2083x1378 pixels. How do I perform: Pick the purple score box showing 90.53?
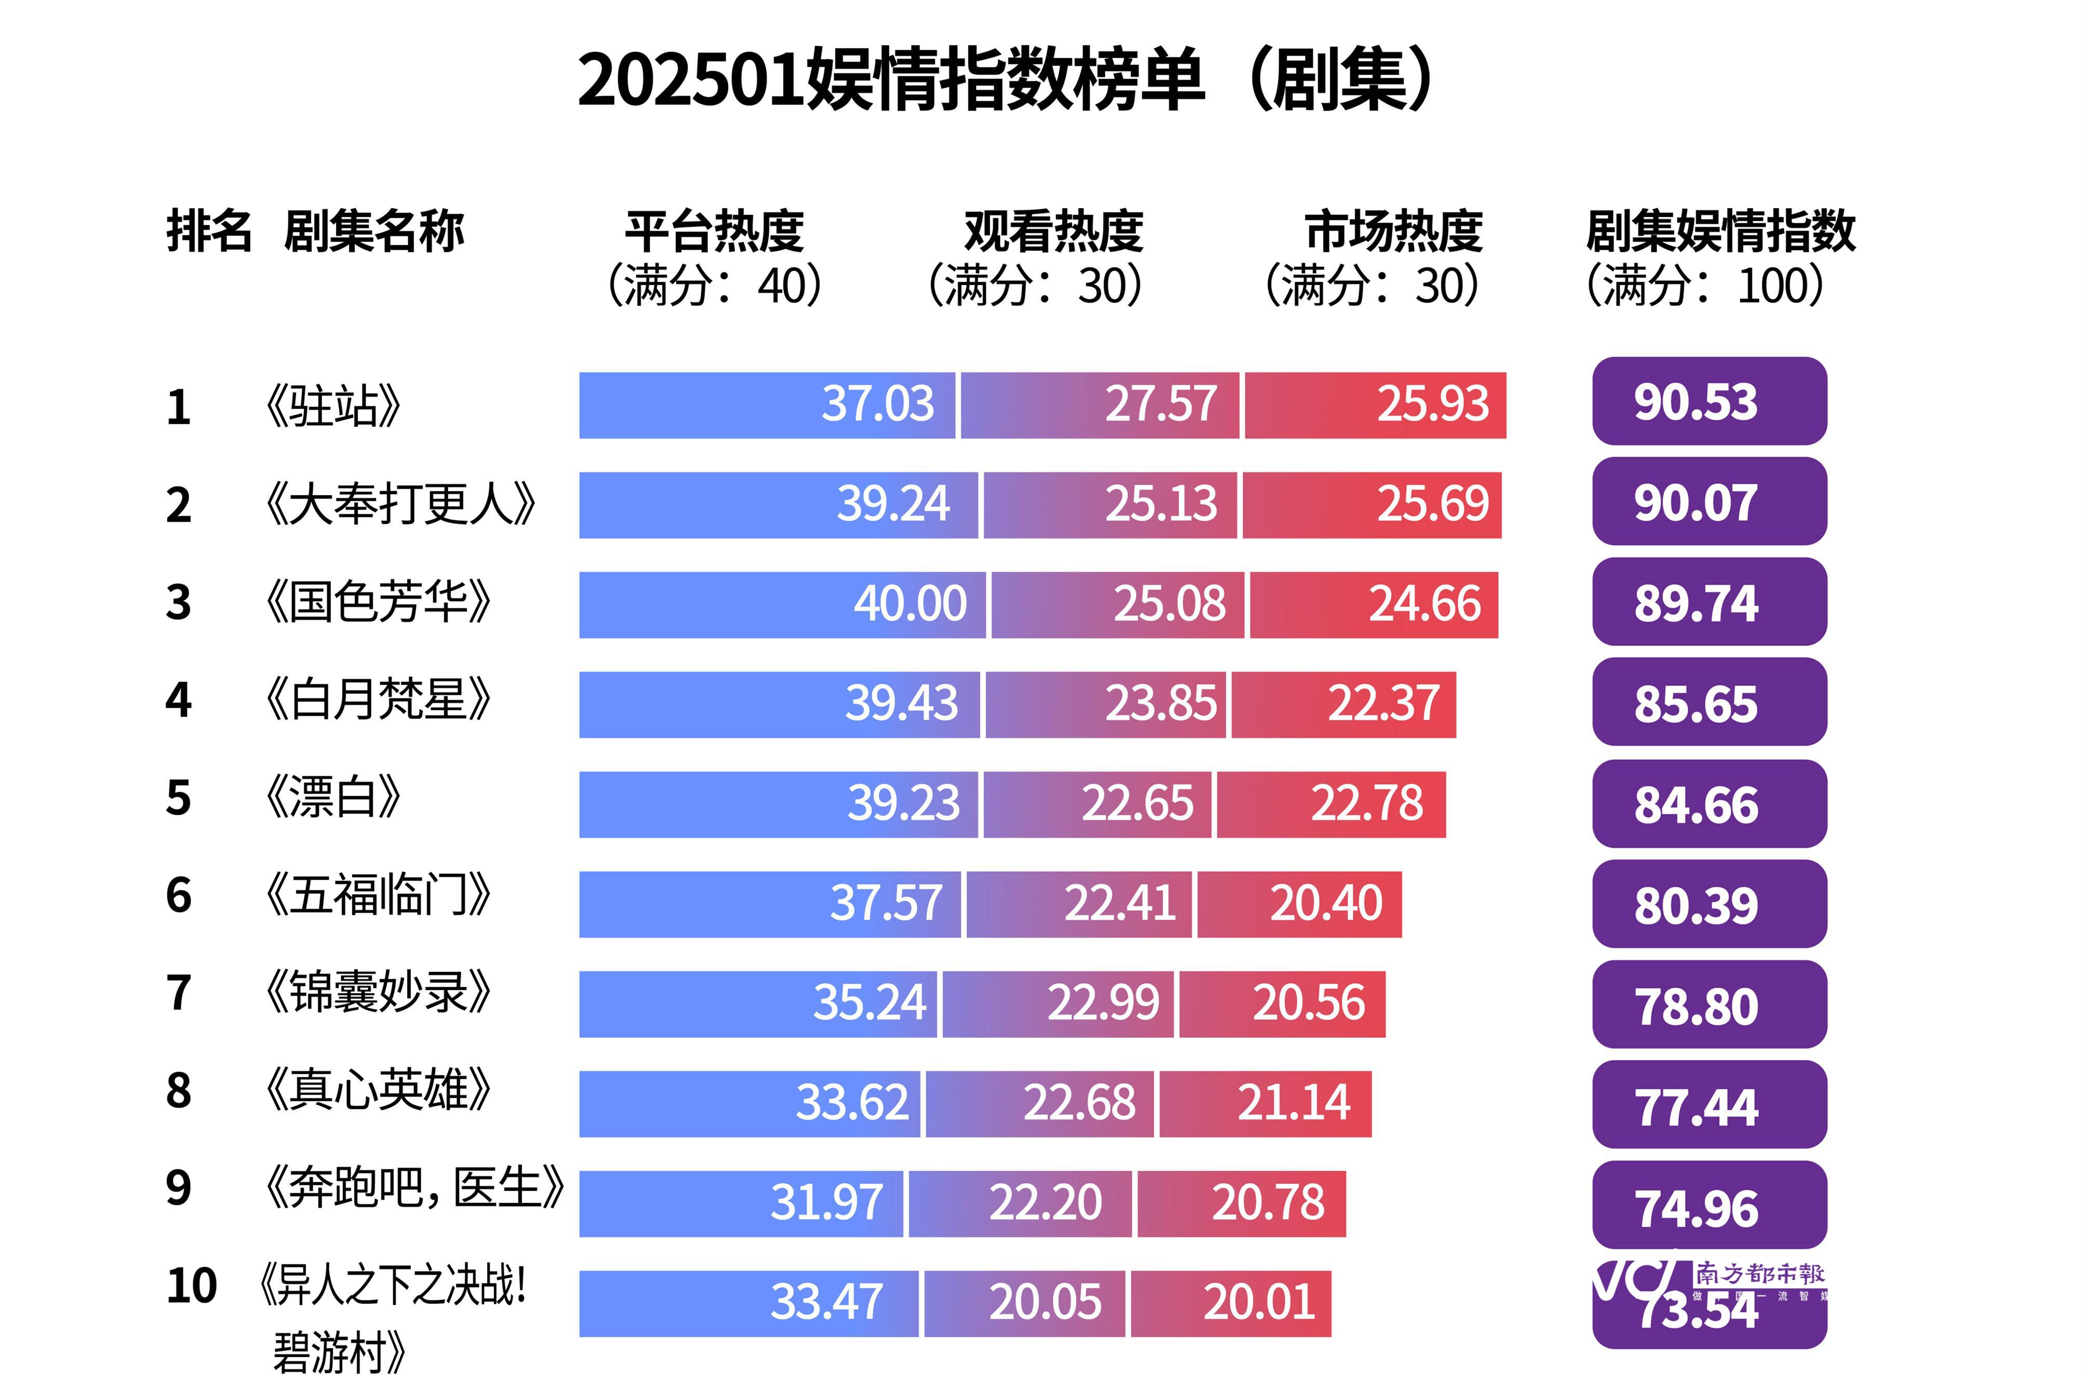tap(1709, 402)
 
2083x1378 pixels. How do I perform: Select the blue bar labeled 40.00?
tap(782, 605)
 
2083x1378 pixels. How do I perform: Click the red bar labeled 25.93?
tap(1375, 405)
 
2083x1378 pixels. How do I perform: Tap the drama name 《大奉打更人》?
tap(400, 505)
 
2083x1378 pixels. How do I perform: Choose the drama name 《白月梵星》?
tap(378, 700)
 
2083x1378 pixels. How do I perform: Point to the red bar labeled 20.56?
tap(1282, 1004)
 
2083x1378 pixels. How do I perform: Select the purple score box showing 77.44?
tap(1709, 1105)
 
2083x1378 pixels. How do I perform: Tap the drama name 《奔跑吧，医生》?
tap(413, 1188)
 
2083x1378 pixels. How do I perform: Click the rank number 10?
tap(191, 1287)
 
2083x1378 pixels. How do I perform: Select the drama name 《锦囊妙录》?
tap(378, 993)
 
